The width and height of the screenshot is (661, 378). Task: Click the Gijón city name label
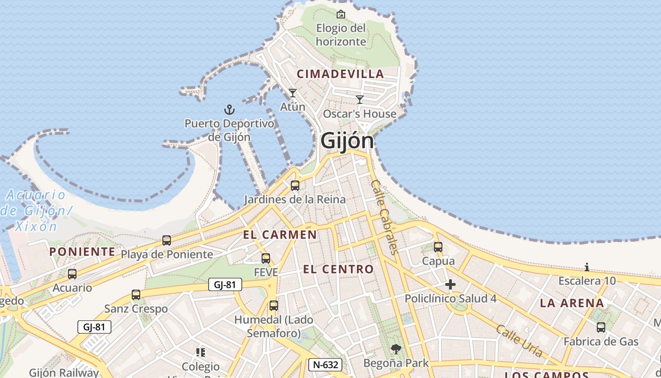347,141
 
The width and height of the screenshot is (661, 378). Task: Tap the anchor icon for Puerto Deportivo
229,110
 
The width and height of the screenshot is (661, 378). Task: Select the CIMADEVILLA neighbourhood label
340,74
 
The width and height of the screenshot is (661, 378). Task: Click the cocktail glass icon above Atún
293,93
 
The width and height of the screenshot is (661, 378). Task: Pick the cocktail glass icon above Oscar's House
360,99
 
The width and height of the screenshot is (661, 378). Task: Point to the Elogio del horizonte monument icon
341,14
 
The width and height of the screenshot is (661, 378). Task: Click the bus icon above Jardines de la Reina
295,185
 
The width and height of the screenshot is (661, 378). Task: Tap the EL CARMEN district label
280,234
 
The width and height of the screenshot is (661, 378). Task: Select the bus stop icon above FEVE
266,258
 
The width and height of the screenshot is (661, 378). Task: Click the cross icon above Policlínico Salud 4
450,284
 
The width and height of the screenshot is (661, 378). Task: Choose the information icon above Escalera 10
587,267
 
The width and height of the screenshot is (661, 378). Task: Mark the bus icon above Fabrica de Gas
601,327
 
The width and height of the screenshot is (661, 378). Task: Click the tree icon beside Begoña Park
396,350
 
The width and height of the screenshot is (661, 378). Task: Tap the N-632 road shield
325,365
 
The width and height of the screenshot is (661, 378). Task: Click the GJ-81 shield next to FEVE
225,284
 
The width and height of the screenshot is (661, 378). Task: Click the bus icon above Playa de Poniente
167,240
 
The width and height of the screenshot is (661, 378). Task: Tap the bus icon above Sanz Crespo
136,295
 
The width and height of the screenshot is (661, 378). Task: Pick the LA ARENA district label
572,303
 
